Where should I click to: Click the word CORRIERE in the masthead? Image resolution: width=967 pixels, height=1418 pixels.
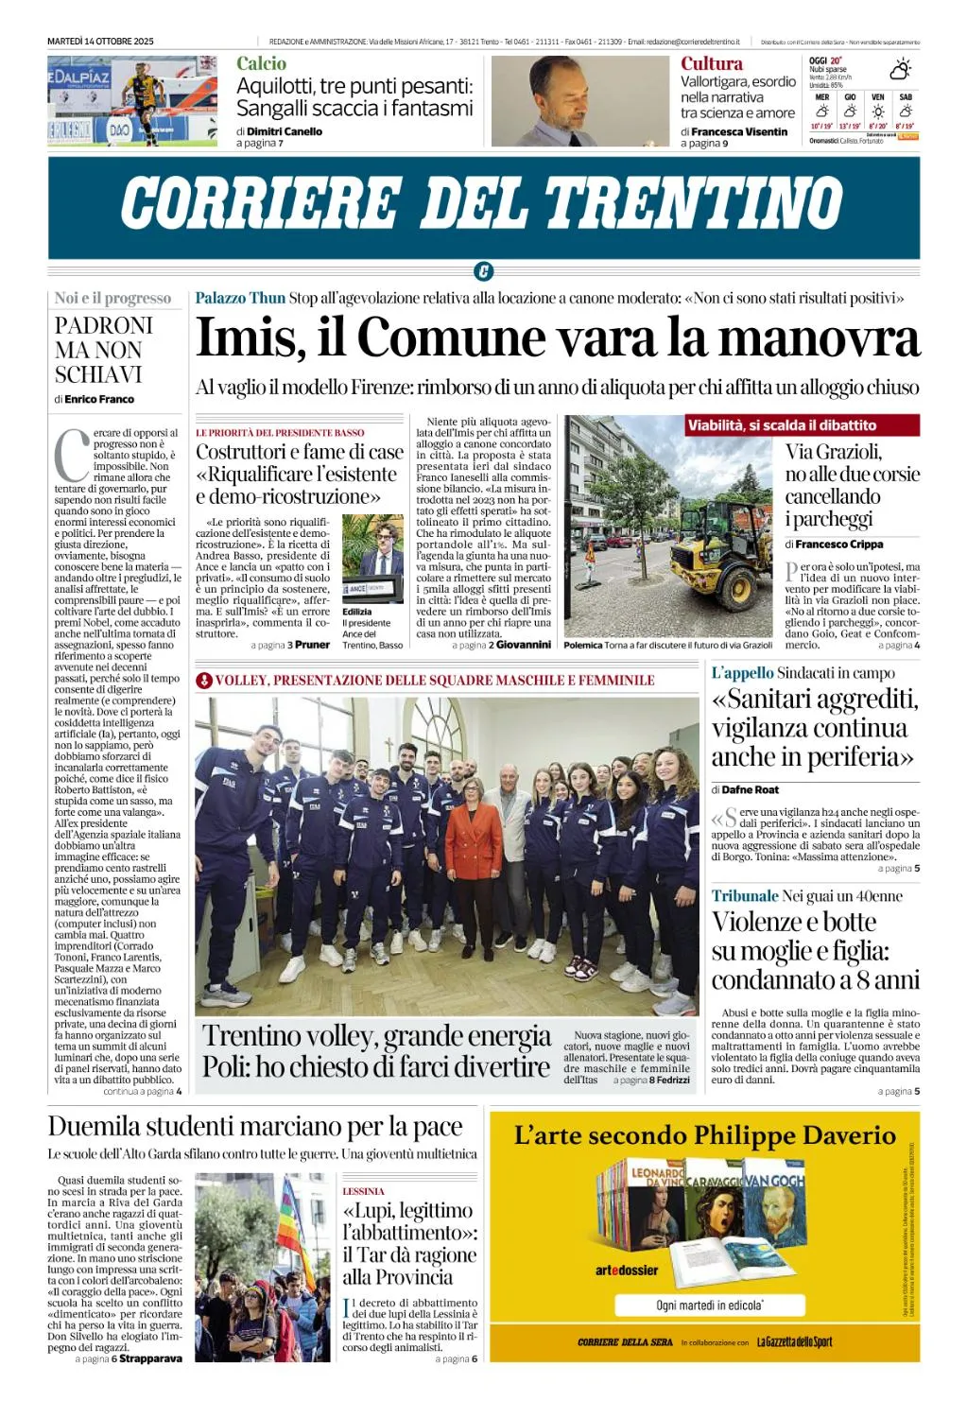click(x=261, y=203)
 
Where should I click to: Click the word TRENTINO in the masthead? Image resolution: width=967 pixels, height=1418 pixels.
click(x=694, y=203)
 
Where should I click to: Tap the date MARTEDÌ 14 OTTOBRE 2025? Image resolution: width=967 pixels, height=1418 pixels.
click(x=100, y=42)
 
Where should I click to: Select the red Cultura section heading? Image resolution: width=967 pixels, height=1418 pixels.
click(x=711, y=63)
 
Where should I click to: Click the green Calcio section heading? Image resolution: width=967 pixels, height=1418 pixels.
click(x=261, y=63)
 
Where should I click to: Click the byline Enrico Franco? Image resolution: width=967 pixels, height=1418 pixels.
click(x=99, y=399)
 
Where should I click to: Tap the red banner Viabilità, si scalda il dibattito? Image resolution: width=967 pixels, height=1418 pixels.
click(x=782, y=425)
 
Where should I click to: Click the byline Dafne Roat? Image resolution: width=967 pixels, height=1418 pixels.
click(x=751, y=789)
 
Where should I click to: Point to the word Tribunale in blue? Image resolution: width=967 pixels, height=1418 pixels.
click(x=745, y=895)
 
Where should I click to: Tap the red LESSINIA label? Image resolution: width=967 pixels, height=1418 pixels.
click(x=363, y=1191)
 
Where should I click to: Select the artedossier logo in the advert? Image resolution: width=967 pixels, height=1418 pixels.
click(x=626, y=1271)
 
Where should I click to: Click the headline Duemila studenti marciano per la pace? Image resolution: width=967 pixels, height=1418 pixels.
click(x=255, y=1127)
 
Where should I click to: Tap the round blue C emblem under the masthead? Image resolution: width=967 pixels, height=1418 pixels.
click(x=483, y=272)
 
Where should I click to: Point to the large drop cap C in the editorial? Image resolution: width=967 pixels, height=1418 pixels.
click(x=71, y=456)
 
